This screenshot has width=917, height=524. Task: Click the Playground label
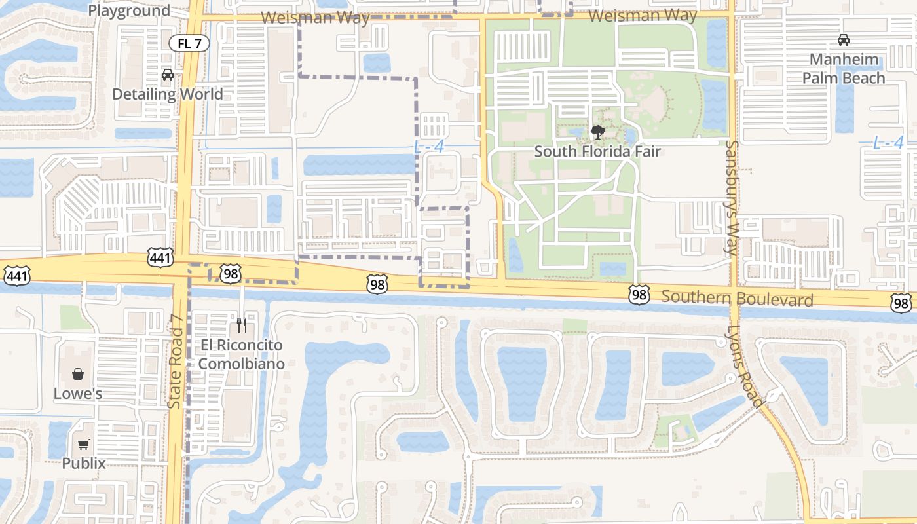click(129, 10)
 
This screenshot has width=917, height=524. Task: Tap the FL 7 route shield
click(189, 44)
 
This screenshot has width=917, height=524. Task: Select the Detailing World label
click(168, 94)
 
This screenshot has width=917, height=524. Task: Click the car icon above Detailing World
click(168, 75)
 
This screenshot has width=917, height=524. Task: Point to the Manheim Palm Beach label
click(844, 69)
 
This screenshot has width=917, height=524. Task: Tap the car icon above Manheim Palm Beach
click(844, 40)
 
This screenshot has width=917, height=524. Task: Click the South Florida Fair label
click(597, 152)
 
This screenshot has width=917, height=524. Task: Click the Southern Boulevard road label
click(737, 299)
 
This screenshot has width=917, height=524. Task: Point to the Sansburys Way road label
click(732, 197)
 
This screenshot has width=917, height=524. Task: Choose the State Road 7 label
click(175, 362)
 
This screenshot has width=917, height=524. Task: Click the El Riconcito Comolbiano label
click(241, 354)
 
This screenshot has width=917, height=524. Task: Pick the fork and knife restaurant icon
click(242, 325)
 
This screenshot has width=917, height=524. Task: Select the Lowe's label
click(78, 394)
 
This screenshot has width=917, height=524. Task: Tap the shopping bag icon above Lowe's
click(78, 374)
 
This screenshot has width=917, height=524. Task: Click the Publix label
click(84, 464)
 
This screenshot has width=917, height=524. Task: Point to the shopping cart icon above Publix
click(84, 445)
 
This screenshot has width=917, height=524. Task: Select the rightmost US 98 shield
click(901, 303)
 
